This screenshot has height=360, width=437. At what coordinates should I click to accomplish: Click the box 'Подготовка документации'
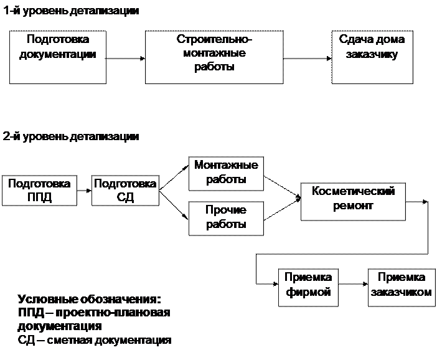click(x=58, y=57)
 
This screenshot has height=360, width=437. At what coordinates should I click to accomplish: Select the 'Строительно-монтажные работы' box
click(x=214, y=57)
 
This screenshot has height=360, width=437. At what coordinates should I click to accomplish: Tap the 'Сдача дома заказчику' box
click(x=372, y=57)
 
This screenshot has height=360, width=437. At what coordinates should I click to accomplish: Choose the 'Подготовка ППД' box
click(x=39, y=191)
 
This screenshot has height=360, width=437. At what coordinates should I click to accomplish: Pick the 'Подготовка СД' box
click(x=125, y=191)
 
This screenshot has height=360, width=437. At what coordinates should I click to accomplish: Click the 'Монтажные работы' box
click(x=226, y=173)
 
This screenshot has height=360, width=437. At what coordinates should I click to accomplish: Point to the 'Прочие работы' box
click(x=226, y=217)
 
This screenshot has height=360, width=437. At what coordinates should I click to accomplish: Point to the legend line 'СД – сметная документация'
click(x=95, y=341)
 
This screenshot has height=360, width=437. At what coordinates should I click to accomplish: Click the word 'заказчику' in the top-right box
click(x=372, y=54)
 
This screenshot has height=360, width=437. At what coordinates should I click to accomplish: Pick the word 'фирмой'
click(x=308, y=293)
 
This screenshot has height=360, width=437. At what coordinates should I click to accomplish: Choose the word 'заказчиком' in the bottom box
click(x=401, y=293)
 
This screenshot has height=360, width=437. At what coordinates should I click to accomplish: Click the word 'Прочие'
click(x=226, y=211)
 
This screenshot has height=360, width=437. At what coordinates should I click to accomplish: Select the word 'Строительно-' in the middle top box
click(x=215, y=40)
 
